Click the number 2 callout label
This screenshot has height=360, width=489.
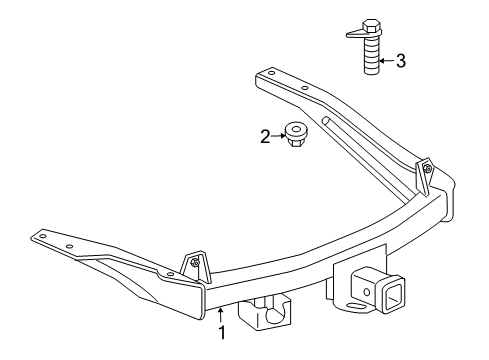pyautogui.click(x=264, y=135)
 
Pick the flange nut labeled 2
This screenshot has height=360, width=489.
pyautogui.click(x=296, y=134)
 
